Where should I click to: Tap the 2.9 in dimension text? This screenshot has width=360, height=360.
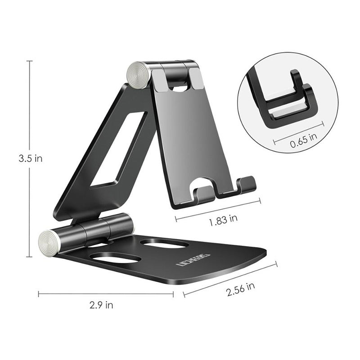[101, 306]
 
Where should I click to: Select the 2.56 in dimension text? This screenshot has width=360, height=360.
[242, 288]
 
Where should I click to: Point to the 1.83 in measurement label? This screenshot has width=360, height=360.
[224, 219]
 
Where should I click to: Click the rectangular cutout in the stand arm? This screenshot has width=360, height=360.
[118, 150]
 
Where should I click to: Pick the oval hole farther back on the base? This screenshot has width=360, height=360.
[164, 243]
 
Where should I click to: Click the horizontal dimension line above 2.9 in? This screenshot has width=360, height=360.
[106, 294]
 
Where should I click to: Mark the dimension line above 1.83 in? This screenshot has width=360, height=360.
[218, 210]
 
